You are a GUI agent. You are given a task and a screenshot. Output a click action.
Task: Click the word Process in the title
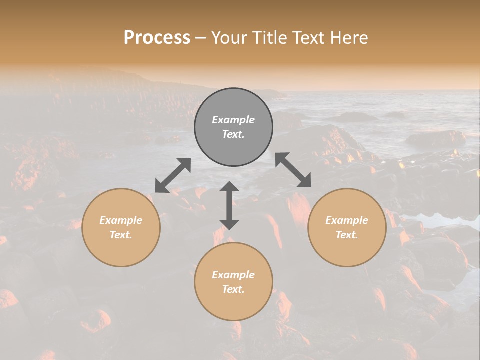157,38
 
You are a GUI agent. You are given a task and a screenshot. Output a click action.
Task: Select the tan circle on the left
121,250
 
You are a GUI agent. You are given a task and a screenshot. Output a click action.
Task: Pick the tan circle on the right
347,250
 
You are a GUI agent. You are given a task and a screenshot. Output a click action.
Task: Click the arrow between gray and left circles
173,175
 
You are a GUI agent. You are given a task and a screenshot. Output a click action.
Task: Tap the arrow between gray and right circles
293,170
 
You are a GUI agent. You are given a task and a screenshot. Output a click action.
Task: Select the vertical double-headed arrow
229,205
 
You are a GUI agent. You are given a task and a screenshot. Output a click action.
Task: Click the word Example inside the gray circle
233,120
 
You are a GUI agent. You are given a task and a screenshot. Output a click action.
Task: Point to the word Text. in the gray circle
233,134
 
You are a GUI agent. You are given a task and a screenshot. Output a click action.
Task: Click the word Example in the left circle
121,220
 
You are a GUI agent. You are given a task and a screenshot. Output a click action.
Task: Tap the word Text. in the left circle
121,235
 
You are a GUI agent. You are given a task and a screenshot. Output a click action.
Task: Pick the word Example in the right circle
347,220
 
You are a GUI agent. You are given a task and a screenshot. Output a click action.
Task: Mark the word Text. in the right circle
347,235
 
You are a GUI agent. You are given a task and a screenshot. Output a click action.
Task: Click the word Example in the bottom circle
233,275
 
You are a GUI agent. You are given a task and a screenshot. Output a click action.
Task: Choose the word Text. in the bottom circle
233,289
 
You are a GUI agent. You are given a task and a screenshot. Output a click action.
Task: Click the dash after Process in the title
201,38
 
